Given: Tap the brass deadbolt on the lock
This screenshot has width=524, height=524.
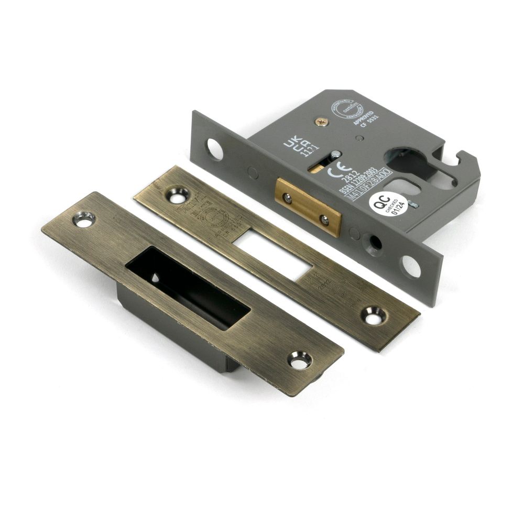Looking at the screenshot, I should coord(309,206).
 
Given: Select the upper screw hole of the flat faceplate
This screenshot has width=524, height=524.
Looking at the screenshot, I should coord(176,195).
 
